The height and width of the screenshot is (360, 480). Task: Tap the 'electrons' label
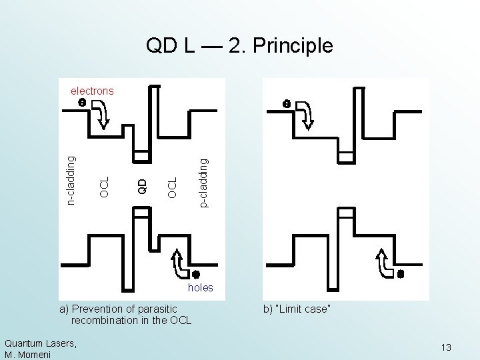click(x=92, y=91)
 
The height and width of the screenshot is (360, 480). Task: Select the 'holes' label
click(x=201, y=287)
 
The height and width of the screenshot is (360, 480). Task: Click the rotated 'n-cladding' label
click(x=73, y=178)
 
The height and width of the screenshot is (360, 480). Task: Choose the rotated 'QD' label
click(x=141, y=185)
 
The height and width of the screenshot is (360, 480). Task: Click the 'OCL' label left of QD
click(x=103, y=186)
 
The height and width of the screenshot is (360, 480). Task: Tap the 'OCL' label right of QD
click(x=173, y=186)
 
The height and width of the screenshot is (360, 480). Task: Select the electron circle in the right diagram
click(x=285, y=103)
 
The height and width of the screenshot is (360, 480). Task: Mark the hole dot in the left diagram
click(x=197, y=273)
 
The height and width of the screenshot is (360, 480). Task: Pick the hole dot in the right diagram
click(x=401, y=273)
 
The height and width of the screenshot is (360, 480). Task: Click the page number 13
click(x=446, y=347)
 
